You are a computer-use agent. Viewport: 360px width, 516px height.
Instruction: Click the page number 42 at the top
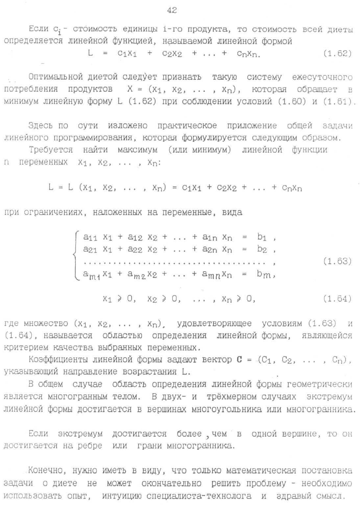pos(172,10)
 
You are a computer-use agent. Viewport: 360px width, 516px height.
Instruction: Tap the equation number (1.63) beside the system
pos(337,261)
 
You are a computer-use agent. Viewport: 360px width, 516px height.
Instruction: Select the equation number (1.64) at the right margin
pos(337,299)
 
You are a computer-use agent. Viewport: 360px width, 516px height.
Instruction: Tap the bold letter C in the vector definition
pos(239,359)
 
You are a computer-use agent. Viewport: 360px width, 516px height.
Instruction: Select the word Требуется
pos(51,150)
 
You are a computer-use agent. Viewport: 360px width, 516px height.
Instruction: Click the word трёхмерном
pos(231,397)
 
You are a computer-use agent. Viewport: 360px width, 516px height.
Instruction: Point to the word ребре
pos(90,446)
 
